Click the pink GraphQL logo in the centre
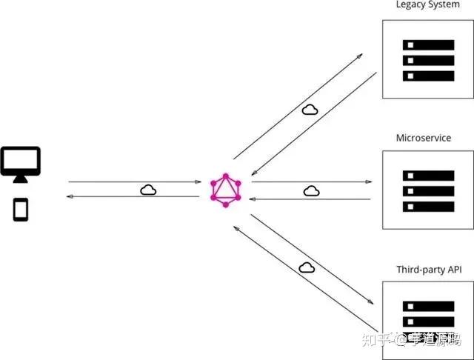click(x=226, y=190)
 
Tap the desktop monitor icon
click(x=21, y=163)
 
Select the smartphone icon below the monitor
click(x=21, y=209)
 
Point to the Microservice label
click(x=424, y=138)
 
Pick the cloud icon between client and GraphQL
click(x=148, y=190)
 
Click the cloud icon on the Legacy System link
click(x=310, y=110)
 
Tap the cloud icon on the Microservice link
click(x=311, y=190)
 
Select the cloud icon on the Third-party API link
click(x=305, y=267)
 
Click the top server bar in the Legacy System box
click(x=428, y=44)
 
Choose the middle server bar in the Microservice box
click(x=428, y=190)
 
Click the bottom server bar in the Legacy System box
click(x=428, y=76)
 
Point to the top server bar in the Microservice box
click(x=428, y=176)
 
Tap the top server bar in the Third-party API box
click(x=428, y=306)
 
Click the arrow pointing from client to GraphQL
click(x=133, y=181)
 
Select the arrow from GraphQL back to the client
click(x=133, y=197)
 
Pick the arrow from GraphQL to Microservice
click(x=311, y=181)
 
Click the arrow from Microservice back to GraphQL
click(x=311, y=199)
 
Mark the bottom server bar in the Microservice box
click(x=428, y=206)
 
